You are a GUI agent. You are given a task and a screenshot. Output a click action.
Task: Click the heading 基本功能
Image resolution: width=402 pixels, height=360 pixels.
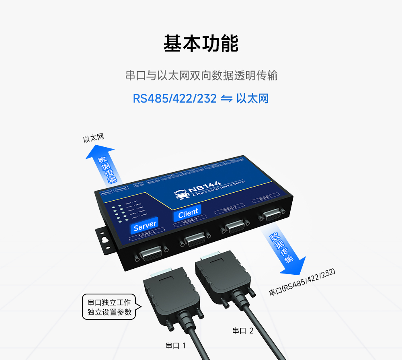click(201, 43)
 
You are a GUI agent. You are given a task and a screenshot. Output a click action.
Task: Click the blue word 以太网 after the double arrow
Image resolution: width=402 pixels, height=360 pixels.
click(252, 99)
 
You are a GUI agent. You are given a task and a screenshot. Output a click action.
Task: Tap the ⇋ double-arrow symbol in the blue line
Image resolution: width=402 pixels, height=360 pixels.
click(226, 99)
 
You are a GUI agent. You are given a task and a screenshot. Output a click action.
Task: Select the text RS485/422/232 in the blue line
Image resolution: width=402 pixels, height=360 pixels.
click(175, 99)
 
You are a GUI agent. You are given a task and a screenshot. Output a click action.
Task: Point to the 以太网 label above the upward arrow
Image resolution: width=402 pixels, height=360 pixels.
click(93, 138)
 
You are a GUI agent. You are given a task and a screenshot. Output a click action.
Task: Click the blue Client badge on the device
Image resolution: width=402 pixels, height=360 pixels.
click(188, 212)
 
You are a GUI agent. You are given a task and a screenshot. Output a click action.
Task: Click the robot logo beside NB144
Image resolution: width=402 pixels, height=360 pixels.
click(182, 194)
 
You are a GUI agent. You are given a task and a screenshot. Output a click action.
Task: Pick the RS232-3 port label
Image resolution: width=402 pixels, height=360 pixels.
click(190, 221)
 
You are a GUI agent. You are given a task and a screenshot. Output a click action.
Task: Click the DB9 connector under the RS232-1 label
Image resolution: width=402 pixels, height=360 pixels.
click(271, 216)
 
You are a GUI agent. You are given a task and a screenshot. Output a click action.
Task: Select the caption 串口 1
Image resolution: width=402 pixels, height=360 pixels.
click(176, 346)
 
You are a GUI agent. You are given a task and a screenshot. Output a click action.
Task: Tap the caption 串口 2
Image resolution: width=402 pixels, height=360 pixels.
click(243, 331)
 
